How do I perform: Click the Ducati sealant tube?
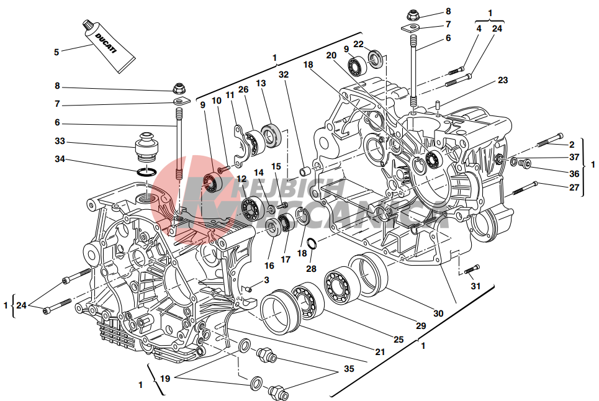(109, 46)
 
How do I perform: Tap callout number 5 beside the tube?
(56, 52)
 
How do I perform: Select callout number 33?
(60, 142)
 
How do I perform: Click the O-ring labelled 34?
(146, 172)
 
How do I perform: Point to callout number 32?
(284, 74)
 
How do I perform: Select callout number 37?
(574, 157)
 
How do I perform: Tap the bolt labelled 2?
(550, 140)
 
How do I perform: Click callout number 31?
(475, 286)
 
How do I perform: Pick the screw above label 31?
(472, 269)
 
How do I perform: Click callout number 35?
(349, 369)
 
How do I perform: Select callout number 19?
(164, 379)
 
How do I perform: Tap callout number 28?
(312, 269)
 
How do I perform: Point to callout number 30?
(438, 313)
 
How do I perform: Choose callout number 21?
(380, 351)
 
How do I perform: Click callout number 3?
(266, 280)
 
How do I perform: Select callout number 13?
(261, 83)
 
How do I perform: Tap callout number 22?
(358, 44)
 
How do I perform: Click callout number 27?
(574, 187)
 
